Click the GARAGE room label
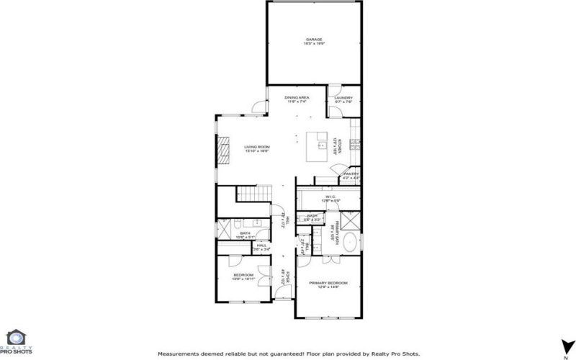[x=313, y=40]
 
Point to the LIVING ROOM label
[x=256, y=147]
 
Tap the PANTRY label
[x=351, y=174]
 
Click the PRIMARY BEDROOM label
[x=328, y=283]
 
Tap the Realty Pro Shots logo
[x=15, y=342]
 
